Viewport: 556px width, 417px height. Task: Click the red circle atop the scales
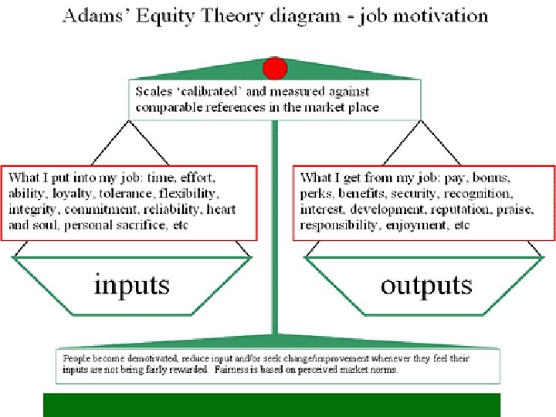[275, 69]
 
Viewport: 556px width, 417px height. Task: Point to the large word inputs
[132, 285]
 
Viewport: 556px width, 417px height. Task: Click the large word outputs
[425, 285]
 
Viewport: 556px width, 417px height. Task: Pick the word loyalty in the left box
[73, 193]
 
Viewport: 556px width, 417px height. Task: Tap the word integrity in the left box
[33, 209]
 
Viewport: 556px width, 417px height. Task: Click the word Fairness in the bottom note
[236, 370]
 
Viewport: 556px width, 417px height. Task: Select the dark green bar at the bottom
[272, 405]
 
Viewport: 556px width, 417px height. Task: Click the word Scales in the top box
[154, 91]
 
